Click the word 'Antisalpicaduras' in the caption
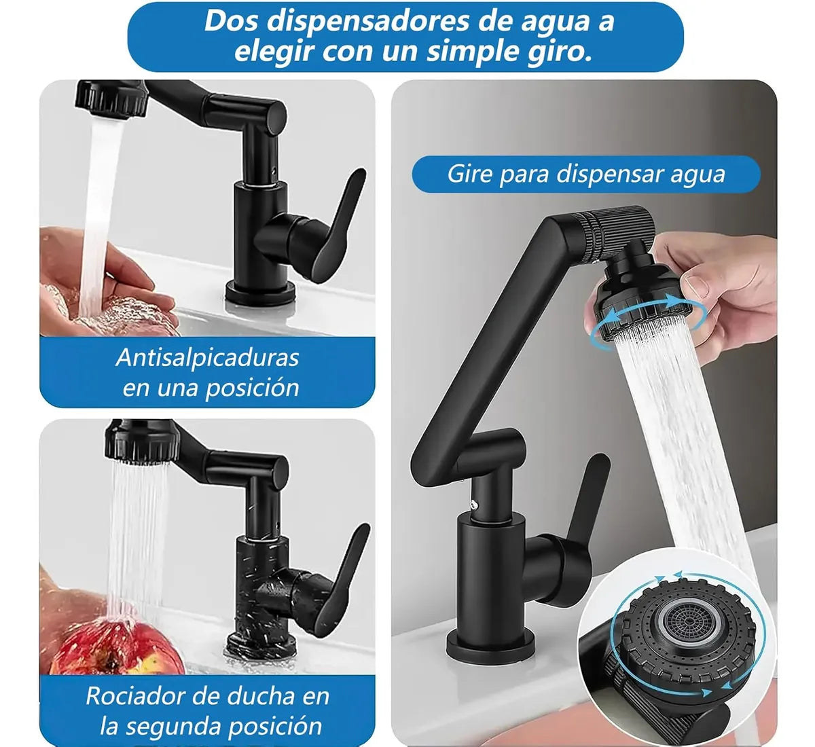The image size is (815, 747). (x=207, y=357)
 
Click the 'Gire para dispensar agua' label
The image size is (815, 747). (x=585, y=175)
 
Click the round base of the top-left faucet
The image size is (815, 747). (x=261, y=293)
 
